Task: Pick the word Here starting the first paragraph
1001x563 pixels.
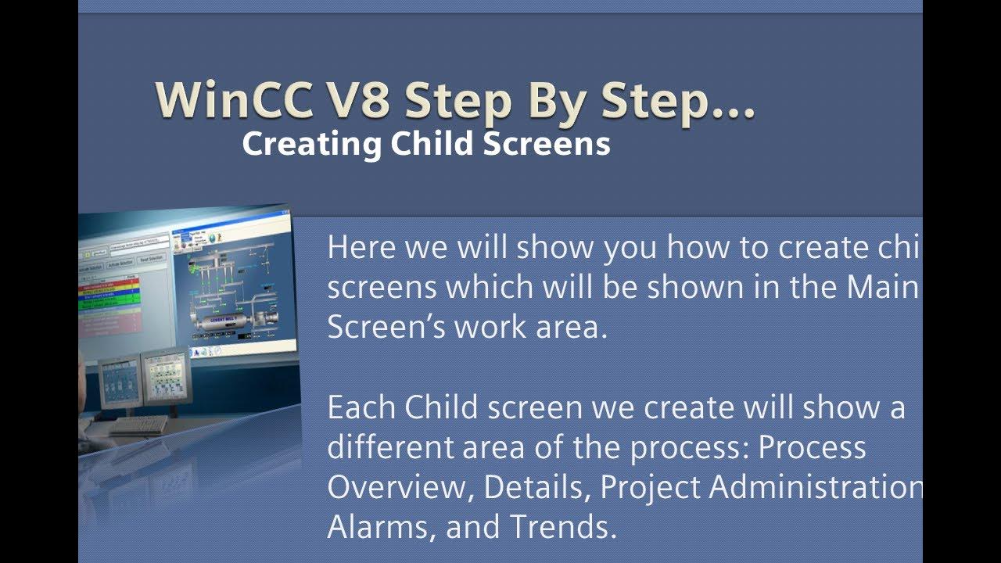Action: (361, 247)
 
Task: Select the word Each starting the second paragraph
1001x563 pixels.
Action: (361, 408)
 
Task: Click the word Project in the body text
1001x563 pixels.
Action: (650, 488)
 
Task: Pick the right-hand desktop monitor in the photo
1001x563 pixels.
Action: (165, 375)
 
